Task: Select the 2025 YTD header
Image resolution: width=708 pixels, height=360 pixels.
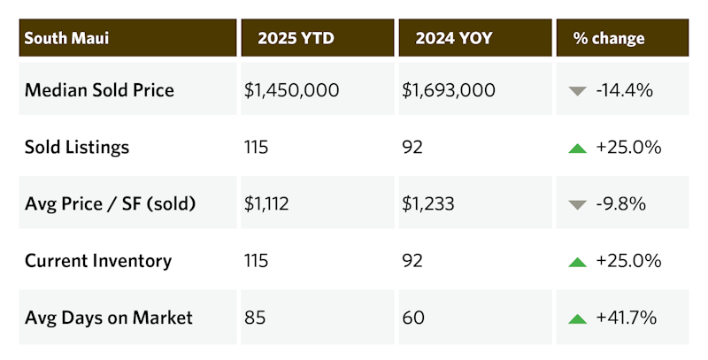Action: click(x=296, y=38)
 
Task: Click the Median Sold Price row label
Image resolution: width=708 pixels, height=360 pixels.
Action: click(x=99, y=90)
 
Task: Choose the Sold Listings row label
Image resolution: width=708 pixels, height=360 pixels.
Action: click(x=77, y=147)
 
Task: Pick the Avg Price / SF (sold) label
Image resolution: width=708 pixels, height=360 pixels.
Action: click(x=111, y=204)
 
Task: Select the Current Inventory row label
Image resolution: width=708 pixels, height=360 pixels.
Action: click(x=98, y=261)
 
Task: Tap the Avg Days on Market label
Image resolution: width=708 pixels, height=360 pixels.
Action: click(x=109, y=318)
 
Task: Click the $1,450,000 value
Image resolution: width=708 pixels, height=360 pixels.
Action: click(x=291, y=90)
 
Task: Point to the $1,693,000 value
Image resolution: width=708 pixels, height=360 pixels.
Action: click(x=449, y=90)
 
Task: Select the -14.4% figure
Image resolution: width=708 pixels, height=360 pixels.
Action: click(x=625, y=90)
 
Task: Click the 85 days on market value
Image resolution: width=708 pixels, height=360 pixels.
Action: click(x=255, y=318)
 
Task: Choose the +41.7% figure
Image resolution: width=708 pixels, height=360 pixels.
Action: click(x=626, y=318)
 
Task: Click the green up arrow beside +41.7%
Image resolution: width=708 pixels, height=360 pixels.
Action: click(x=578, y=318)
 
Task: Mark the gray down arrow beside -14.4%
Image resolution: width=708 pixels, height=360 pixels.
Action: click(x=578, y=91)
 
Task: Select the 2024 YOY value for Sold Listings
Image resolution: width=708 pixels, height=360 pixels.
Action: click(x=412, y=147)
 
